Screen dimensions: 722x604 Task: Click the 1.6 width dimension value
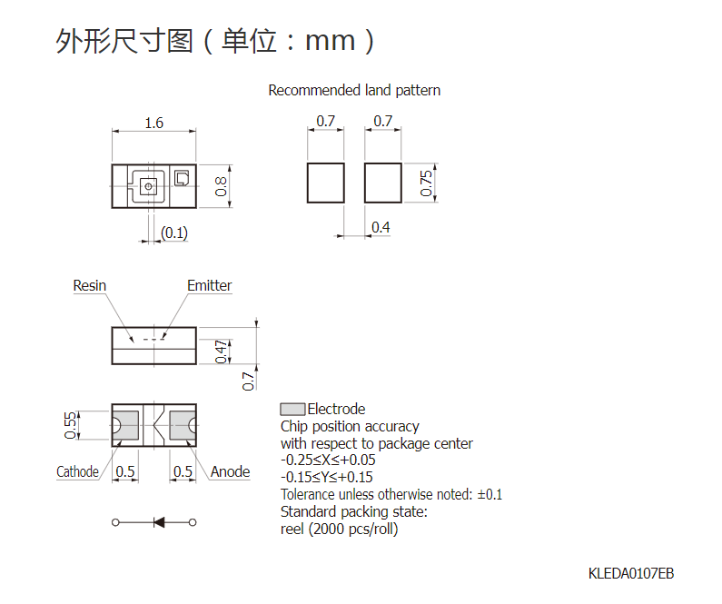[153, 123]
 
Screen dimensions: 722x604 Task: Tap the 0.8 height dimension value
[221, 186]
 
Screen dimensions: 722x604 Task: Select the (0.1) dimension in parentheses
[174, 233]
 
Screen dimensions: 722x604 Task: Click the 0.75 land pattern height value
[426, 183]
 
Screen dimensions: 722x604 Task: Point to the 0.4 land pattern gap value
[381, 227]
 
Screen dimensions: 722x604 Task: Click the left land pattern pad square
[325, 183]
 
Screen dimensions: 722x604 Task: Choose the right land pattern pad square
[382, 183]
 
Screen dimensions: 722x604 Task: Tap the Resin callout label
[89, 285]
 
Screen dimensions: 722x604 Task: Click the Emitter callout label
[210, 285]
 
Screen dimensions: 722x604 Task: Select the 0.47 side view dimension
[222, 352]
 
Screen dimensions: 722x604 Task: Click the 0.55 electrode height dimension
[70, 425]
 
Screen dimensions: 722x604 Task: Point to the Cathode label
[77, 471]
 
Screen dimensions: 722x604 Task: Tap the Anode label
[231, 471]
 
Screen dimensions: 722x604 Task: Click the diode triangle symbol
[159, 522]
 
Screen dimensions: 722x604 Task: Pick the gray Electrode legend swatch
[292, 409]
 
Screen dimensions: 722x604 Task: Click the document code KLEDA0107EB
[631, 573]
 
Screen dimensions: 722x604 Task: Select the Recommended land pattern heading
[354, 90]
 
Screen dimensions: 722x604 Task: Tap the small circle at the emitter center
[148, 186]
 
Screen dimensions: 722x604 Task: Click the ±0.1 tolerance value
[490, 494]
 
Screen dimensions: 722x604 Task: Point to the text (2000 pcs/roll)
[352, 529]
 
